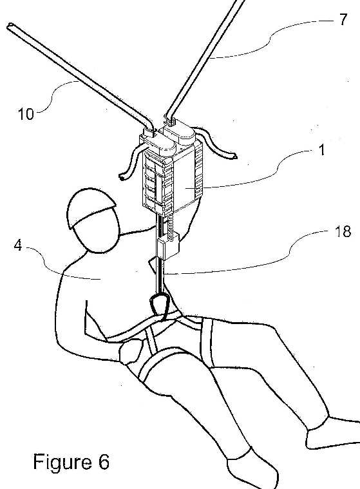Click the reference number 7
(x=343, y=19)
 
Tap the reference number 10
(x=26, y=114)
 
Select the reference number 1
(x=321, y=150)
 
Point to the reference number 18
(x=343, y=232)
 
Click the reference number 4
(x=18, y=245)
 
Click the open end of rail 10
(x=10, y=26)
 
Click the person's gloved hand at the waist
(x=130, y=351)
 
